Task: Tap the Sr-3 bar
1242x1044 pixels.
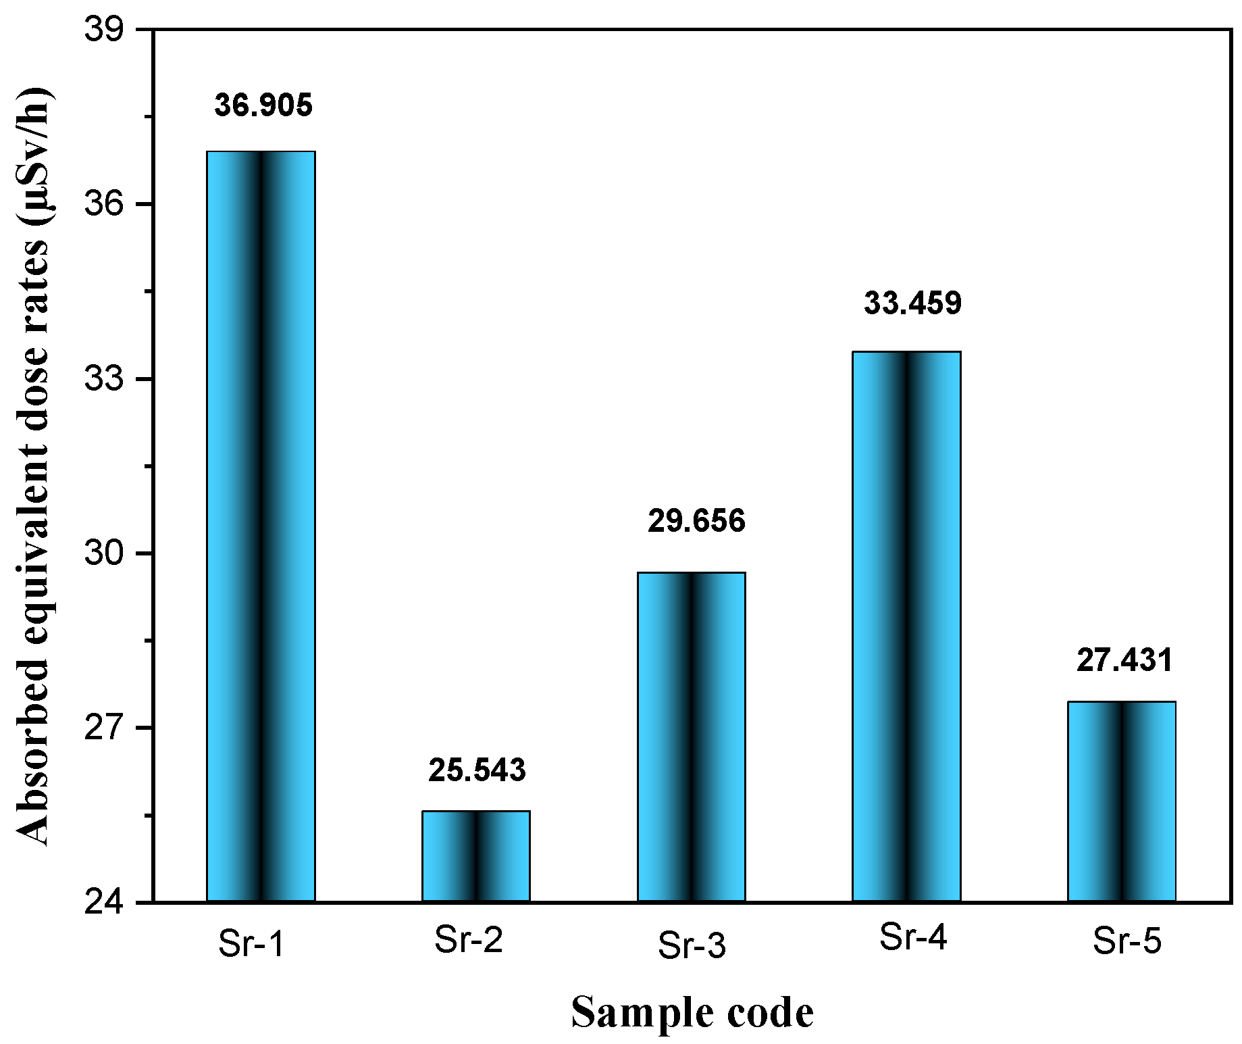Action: point(691,737)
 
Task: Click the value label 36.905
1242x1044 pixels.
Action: point(263,105)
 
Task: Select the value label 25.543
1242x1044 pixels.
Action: point(477,770)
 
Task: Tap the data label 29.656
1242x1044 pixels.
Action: point(696,521)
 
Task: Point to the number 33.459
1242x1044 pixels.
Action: point(912,303)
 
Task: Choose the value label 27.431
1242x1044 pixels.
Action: point(1125,660)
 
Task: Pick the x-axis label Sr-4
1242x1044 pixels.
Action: point(913,937)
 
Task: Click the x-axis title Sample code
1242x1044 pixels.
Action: point(692,1012)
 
